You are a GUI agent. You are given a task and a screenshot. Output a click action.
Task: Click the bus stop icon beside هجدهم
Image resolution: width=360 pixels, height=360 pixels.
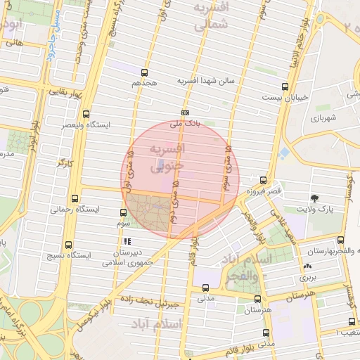click(145, 72)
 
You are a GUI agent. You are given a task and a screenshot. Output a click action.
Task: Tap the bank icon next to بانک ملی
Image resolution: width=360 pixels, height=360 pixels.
click(185, 112)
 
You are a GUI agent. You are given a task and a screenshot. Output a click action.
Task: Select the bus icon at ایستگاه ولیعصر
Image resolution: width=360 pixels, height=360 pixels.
click(86, 113)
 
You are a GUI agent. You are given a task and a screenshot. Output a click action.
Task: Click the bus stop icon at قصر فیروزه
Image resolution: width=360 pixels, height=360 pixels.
click(263, 180)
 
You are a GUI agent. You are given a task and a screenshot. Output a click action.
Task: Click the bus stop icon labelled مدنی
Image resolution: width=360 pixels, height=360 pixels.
click(205, 287)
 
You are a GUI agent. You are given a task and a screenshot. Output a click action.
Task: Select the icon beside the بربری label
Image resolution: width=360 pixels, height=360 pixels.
click(307, 266)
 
